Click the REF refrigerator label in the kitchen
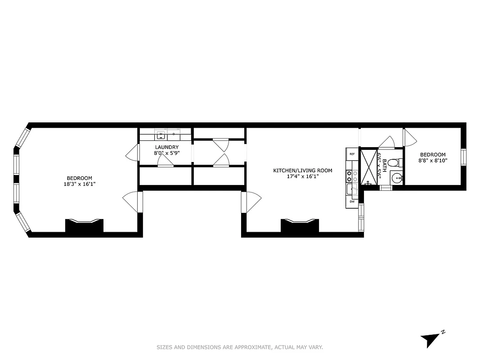pos(352,154)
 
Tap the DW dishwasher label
pos(352,202)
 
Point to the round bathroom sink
pos(397,178)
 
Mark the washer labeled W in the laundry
pos(161,134)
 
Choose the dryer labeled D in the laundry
pos(174,134)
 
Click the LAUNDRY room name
pos(166,147)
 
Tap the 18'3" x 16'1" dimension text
pos(80,184)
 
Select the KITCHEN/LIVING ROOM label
pos(303,171)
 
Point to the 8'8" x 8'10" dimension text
pos(433,160)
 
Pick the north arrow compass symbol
pos(431,338)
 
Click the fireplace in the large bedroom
pos(84,225)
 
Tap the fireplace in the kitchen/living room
pos(300,225)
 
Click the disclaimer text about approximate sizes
pos(240,347)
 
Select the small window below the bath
pos(386,188)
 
